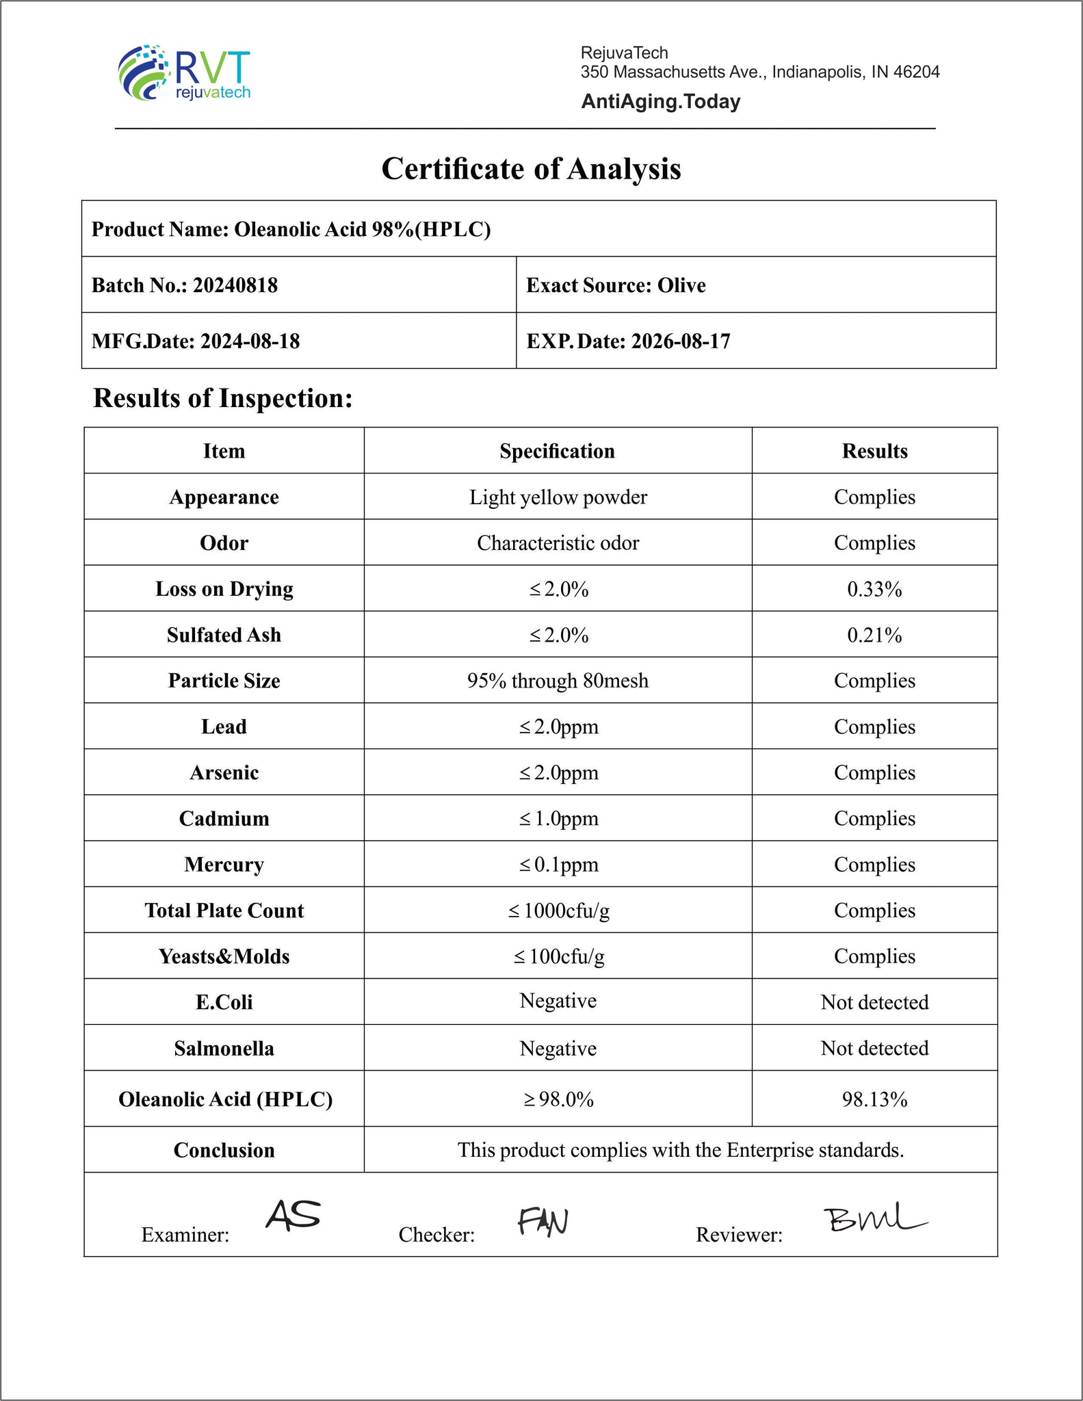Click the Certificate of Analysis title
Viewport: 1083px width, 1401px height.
coord(531,169)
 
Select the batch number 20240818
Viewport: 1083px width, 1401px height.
coord(235,285)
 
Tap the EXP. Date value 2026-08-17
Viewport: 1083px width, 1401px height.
coord(680,341)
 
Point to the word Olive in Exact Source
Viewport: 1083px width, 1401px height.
coord(681,285)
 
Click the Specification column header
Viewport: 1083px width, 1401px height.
coord(557,451)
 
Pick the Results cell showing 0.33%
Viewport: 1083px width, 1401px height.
coord(874,589)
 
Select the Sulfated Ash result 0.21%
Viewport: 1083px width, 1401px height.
coord(874,636)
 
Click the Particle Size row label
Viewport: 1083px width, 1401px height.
coord(224,681)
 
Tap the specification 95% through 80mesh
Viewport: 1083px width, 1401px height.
coord(558,681)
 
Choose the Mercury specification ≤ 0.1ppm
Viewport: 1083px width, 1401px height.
coord(558,865)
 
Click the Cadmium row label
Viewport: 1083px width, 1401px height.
coord(224,819)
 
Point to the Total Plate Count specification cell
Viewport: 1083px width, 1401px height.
coord(558,911)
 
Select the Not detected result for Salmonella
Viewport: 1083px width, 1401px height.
coord(874,1048)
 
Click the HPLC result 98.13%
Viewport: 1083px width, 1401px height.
coord(874,1099)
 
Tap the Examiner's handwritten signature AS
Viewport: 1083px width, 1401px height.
coord(293,1215)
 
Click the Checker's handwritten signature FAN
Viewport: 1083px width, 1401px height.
coord(543,1221)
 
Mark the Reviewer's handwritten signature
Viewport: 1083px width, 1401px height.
coord(874,1218)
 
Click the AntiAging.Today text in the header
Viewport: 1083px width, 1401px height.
coord(660,102)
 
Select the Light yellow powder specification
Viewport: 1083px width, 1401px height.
coord(558,497)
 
